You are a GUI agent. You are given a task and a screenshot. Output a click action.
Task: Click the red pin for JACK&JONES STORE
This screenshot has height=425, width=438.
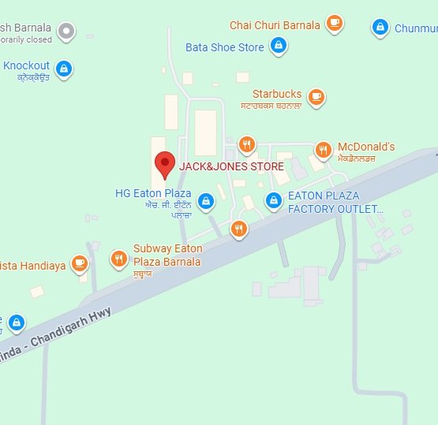point(164,163)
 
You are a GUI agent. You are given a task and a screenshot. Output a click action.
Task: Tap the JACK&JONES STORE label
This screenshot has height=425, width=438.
point(231,166)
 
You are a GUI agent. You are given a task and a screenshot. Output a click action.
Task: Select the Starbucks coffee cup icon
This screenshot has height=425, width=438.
point(316,97)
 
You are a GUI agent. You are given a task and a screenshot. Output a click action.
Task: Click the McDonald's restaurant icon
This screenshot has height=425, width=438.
point(323,150)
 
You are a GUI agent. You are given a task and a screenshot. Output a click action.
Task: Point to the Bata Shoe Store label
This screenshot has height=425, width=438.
point(225,47)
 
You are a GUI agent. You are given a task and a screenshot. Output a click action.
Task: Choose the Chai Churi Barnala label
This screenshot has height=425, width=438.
point(275,25)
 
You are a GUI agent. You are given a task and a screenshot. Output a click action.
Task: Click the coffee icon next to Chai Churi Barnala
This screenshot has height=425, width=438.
point(335,23)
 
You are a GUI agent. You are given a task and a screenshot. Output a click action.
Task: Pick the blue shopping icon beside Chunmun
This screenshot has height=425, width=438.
point(380,28)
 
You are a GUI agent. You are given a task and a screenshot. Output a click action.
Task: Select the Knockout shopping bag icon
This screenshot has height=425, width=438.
point(65,69)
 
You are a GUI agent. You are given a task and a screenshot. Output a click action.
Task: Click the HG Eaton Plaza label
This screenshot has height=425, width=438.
point(153,193)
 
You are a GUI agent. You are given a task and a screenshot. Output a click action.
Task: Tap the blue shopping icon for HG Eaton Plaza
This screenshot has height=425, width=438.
point(206,201)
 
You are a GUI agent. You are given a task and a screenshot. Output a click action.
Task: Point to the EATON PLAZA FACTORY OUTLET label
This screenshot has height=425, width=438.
point(335,202)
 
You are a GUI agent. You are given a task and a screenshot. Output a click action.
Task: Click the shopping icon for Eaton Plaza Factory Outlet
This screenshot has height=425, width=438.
point(273,201)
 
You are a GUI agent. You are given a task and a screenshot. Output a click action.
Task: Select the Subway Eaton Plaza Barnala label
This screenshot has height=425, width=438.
point(167,255)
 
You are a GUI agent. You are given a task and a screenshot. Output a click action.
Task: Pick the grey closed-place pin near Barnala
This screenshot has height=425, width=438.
point(68,32)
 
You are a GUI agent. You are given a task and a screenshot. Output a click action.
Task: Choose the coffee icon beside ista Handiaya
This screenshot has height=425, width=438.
point(79,263)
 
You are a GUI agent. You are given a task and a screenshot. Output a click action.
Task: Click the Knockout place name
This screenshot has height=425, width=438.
point(26,65)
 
